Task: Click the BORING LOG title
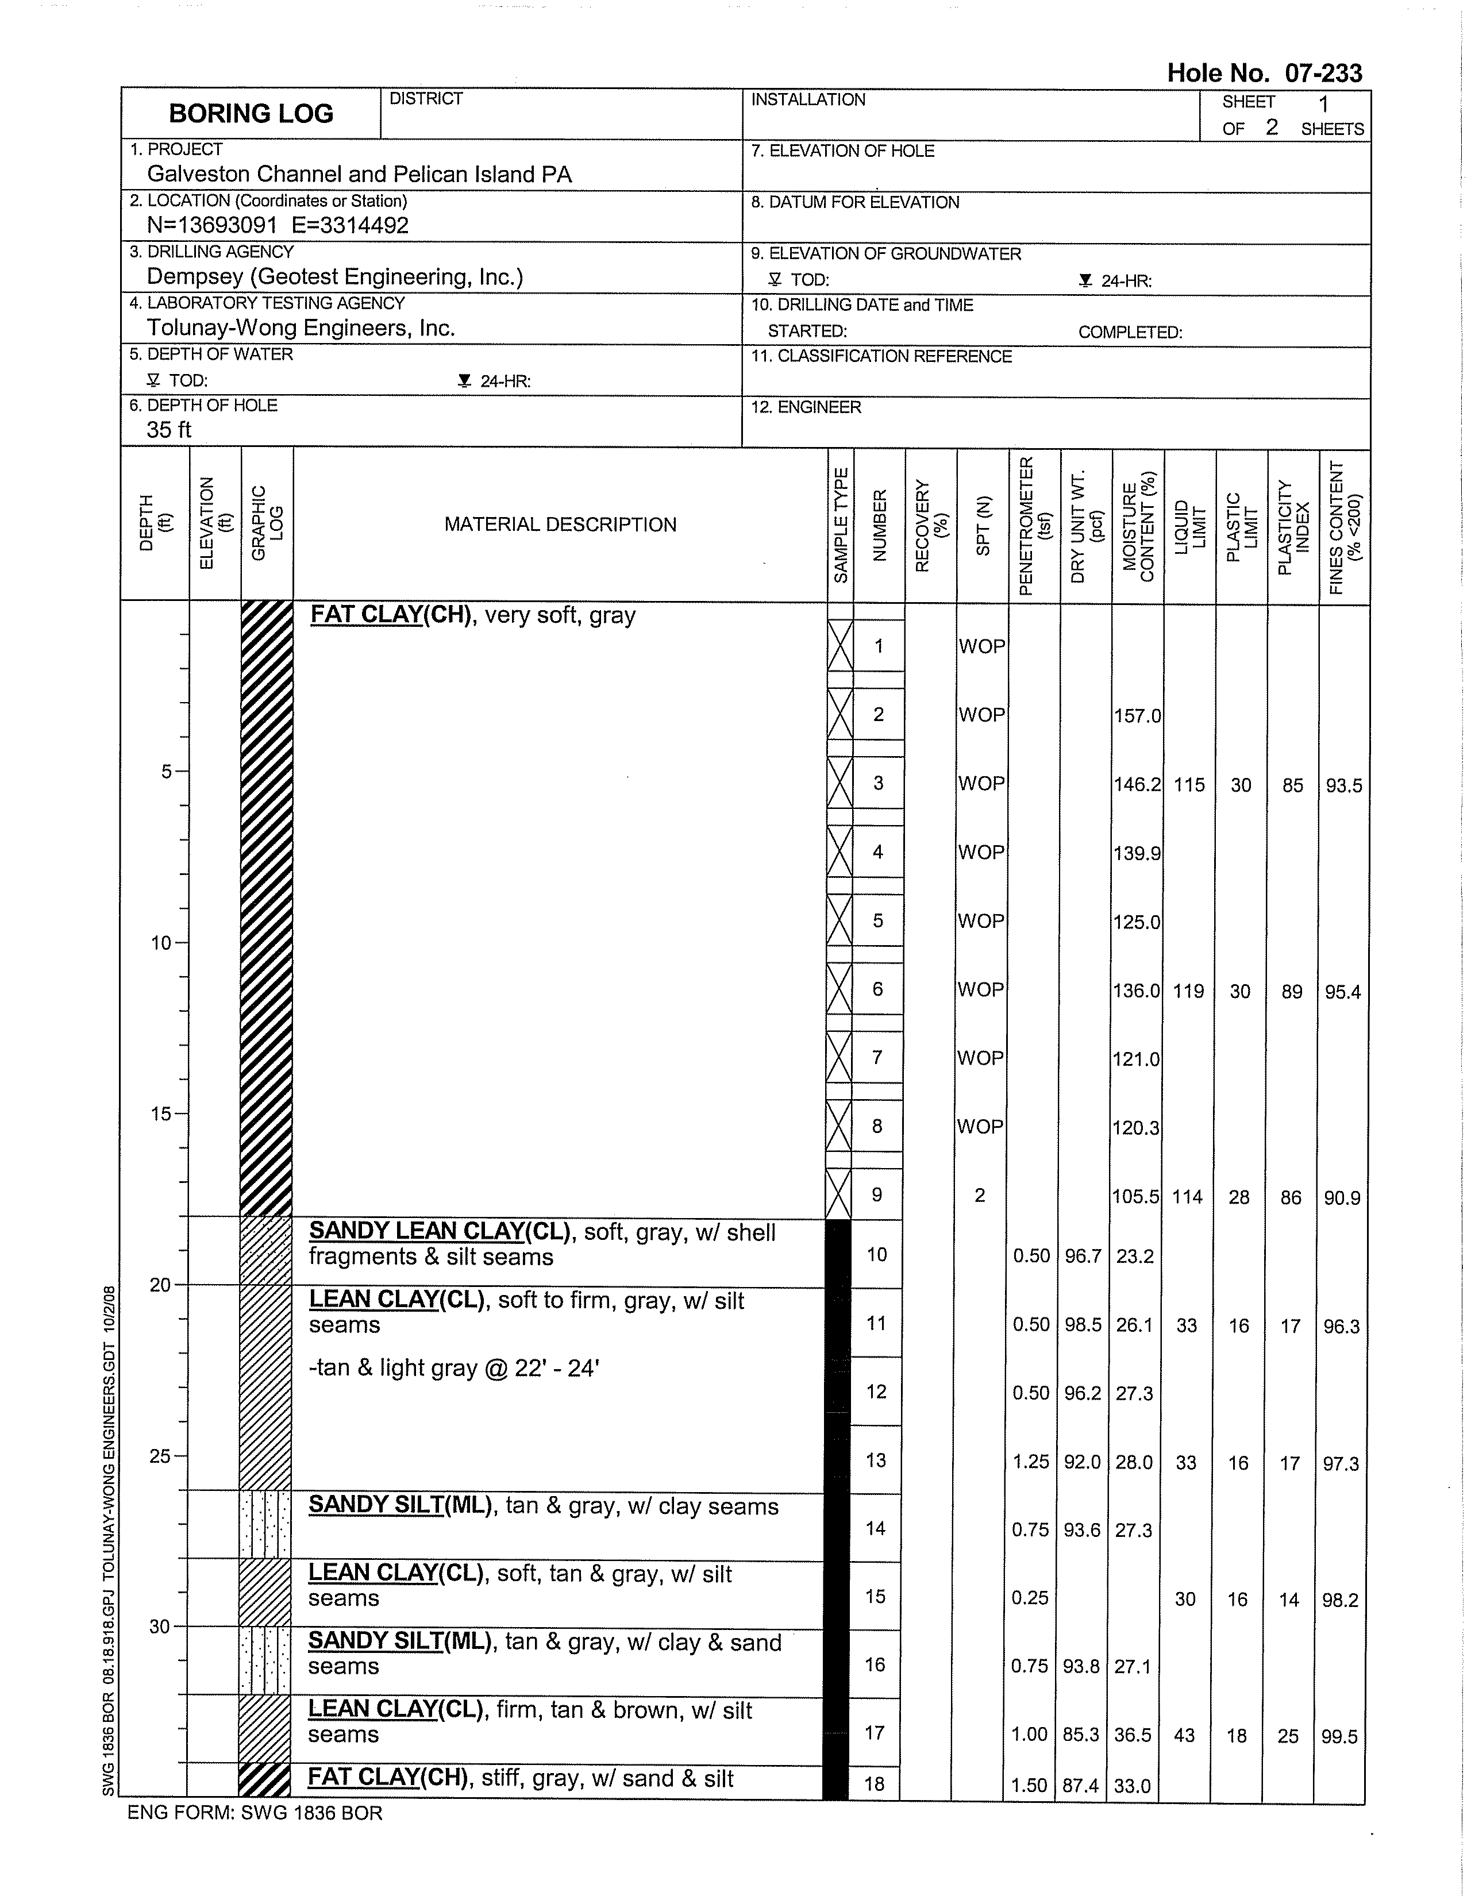251,114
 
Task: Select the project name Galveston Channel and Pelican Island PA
360,175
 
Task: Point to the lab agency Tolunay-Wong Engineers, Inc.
301,328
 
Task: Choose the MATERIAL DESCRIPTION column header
560,525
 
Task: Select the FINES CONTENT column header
1344,526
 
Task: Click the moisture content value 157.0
1137,716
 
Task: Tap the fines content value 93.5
1343,785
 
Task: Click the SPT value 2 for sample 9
980,1196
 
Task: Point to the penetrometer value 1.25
1031,1463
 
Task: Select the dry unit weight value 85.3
1081,1735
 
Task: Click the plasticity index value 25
1288,1736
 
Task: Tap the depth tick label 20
160,1285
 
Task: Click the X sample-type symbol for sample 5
840,920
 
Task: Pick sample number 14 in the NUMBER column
875,1529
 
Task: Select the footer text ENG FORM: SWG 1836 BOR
255,1813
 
